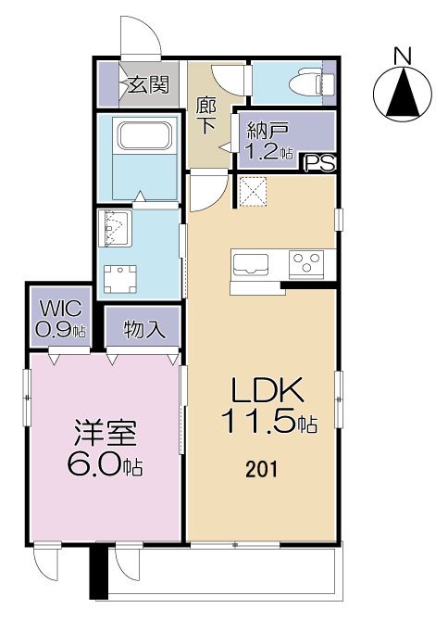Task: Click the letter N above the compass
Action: (403, 56)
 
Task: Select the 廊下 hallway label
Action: (206, 114)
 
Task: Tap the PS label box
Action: (320, 163)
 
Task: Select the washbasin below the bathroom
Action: (115, 227)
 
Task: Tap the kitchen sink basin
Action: (250, 263)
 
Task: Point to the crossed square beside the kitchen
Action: (253, 192)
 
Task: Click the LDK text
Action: (262, 390)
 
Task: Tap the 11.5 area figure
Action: (262, 424)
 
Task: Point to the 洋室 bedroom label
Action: (105, 434)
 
